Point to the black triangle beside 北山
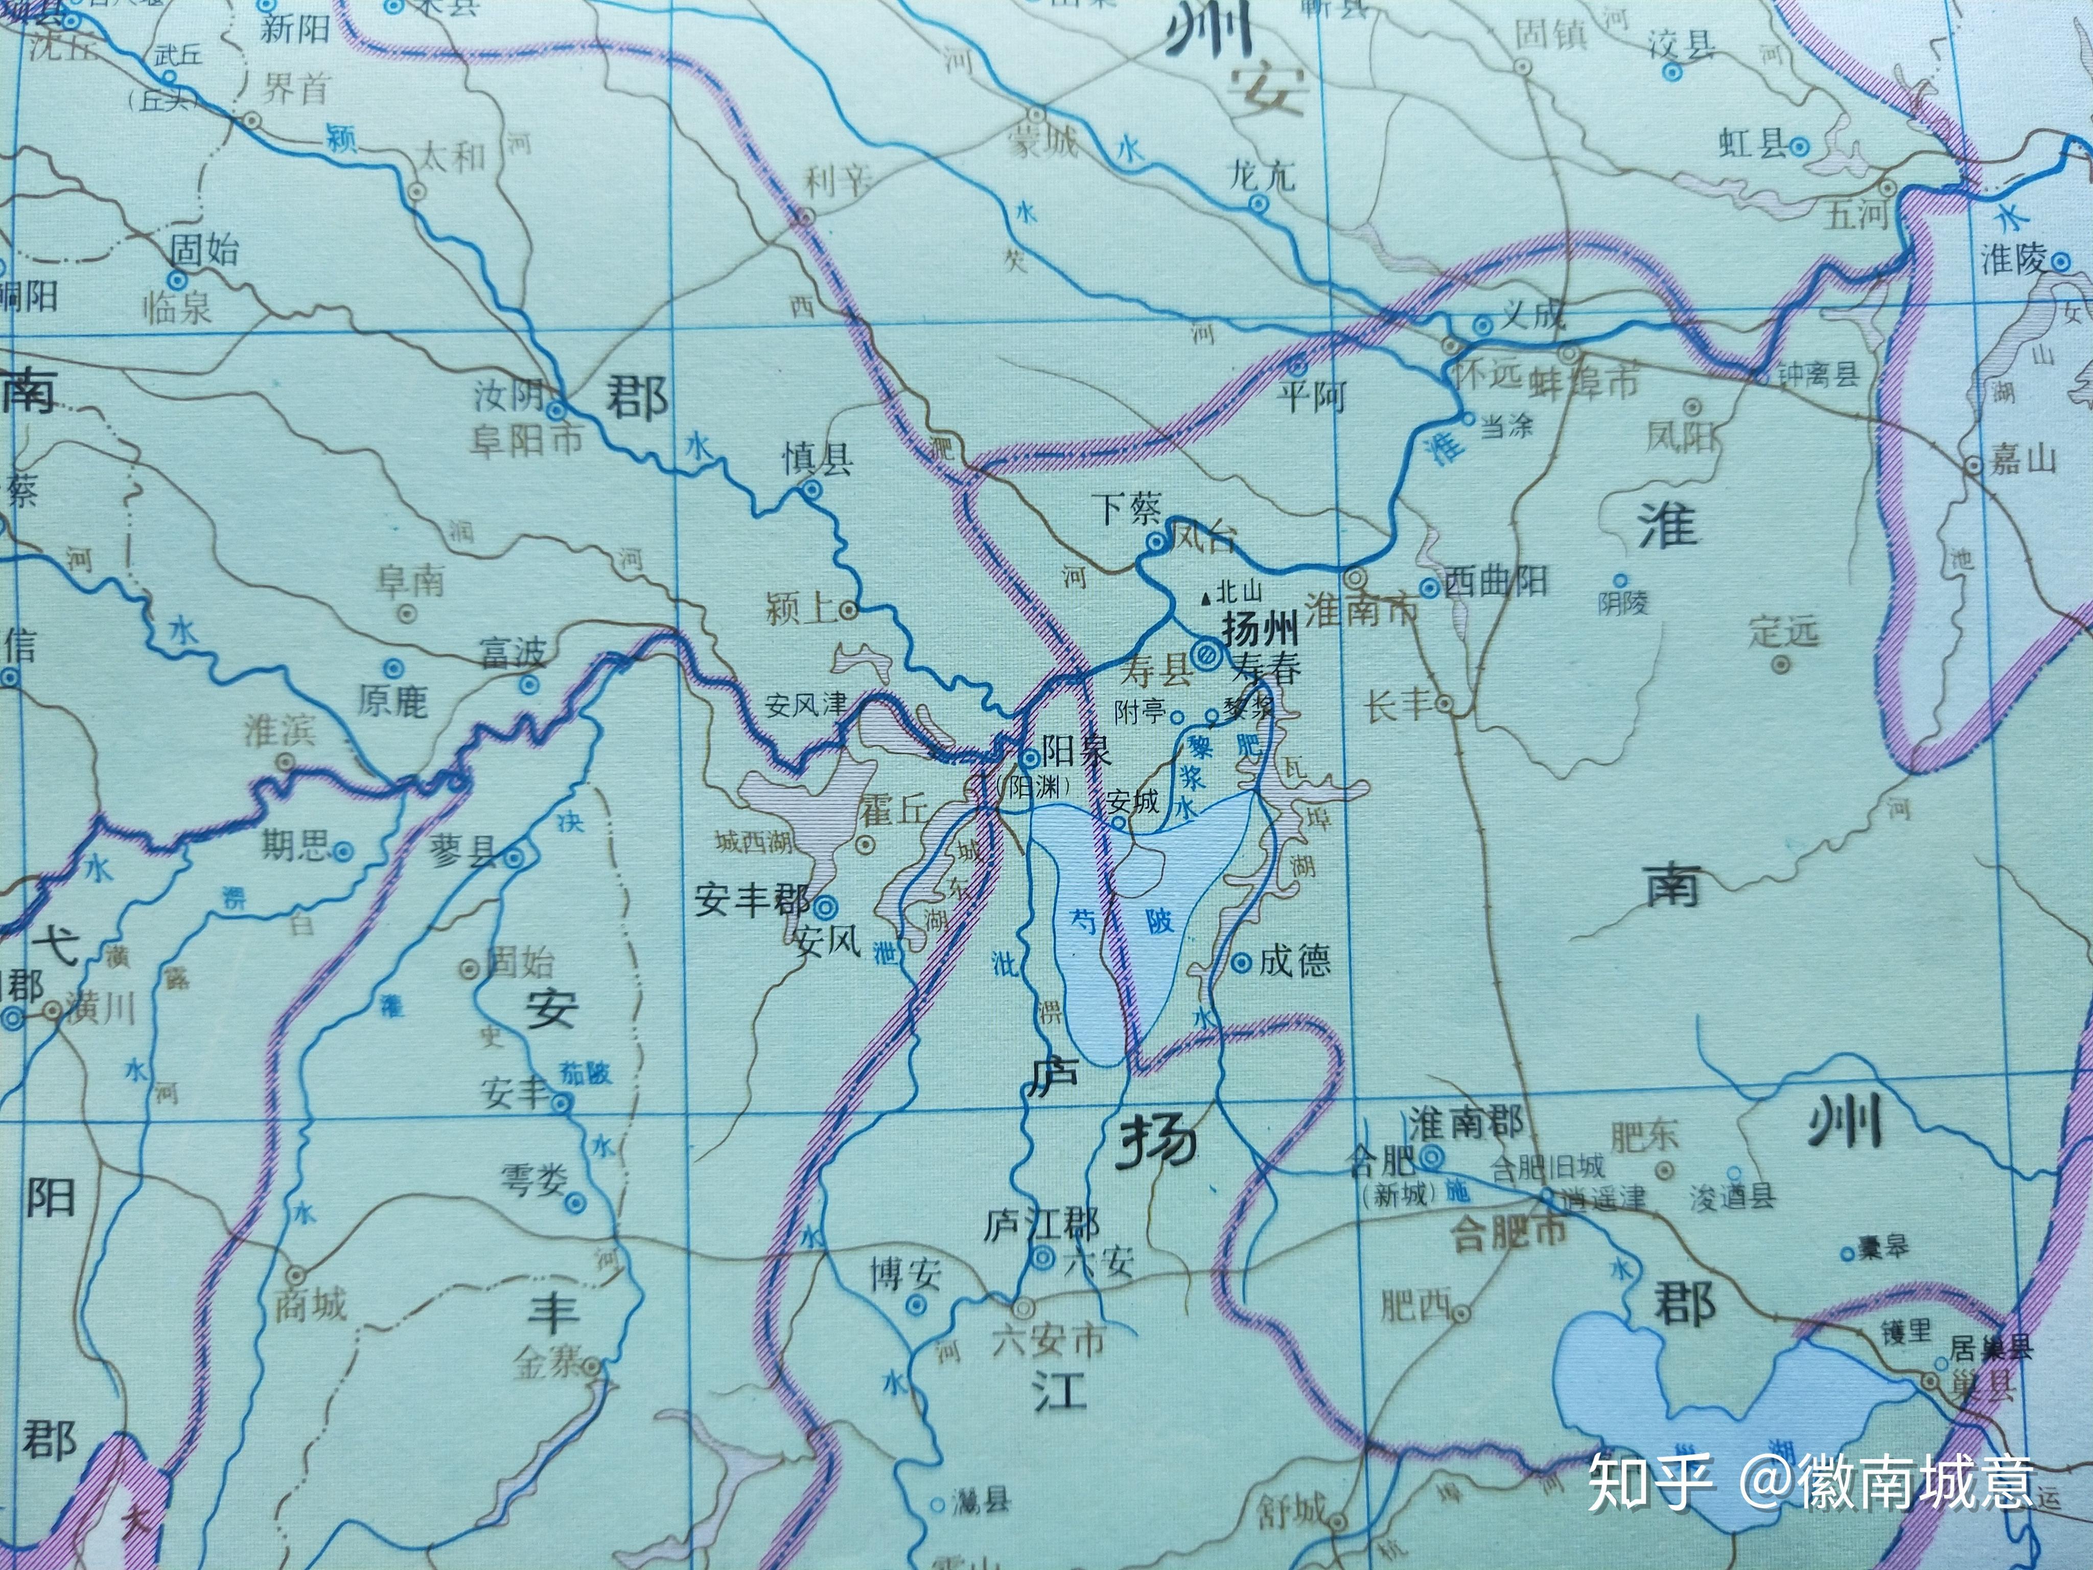[1204, 597]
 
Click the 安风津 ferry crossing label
[806, 705]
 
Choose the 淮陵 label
[2013, 259]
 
